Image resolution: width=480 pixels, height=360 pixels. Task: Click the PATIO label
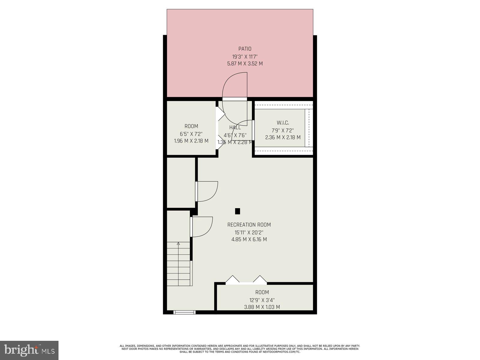(x=245, y=49)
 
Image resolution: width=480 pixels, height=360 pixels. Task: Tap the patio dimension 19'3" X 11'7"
(x=245, y=56)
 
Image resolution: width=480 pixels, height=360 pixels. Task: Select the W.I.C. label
(x=283, y=123)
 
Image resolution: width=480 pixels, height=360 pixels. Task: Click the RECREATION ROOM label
(x=249, y=225)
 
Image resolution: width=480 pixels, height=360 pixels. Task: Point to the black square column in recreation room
(x=237, y=211)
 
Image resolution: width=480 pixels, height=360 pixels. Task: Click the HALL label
(x=235, y=127)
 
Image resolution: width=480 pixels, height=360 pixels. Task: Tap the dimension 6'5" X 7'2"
(x=191, y=134)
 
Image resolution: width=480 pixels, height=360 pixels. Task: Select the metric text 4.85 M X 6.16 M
(x=249, y=239)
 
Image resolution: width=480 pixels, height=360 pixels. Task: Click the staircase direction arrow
(x=178, y=244)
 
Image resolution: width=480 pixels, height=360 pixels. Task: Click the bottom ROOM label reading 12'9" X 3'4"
(x=262, y=292)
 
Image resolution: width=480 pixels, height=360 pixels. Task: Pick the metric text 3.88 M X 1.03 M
(x=262, y=307)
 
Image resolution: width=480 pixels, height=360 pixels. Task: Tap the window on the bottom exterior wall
(x=184, y=312)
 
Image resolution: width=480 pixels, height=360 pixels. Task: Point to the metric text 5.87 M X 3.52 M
(x=245, y=64)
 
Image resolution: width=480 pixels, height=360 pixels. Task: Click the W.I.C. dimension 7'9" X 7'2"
(x=283, y=130)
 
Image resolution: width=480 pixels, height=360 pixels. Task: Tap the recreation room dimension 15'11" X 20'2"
(x=249, y=232)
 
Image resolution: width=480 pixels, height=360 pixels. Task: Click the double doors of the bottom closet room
(x=246, y=280)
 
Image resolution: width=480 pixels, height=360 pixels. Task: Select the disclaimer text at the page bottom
(x=240, y=349)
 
